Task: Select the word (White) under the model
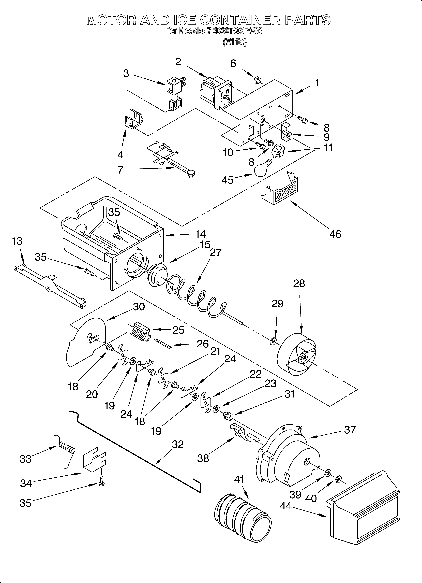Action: [x=235, y=42]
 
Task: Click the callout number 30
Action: [x=139, y=307]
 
